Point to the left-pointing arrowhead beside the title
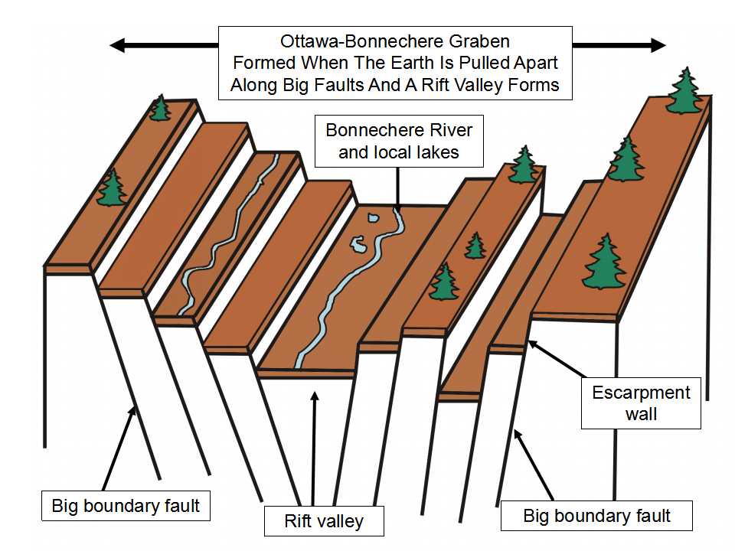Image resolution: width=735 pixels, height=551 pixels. coord(118,45)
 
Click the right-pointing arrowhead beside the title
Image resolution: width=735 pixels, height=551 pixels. coord(658,45)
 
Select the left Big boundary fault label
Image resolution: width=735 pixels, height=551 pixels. coord(126,506)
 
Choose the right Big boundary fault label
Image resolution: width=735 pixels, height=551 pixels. coord(596,515)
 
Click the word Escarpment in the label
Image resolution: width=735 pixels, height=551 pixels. coord(641,393)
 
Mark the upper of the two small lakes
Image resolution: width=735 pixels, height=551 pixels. coord(373,218)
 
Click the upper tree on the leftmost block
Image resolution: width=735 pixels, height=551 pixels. coord(159,108)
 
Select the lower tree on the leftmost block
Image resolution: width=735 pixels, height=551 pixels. coord(112,188)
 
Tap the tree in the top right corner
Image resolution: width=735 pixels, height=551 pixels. coord(684,90)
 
